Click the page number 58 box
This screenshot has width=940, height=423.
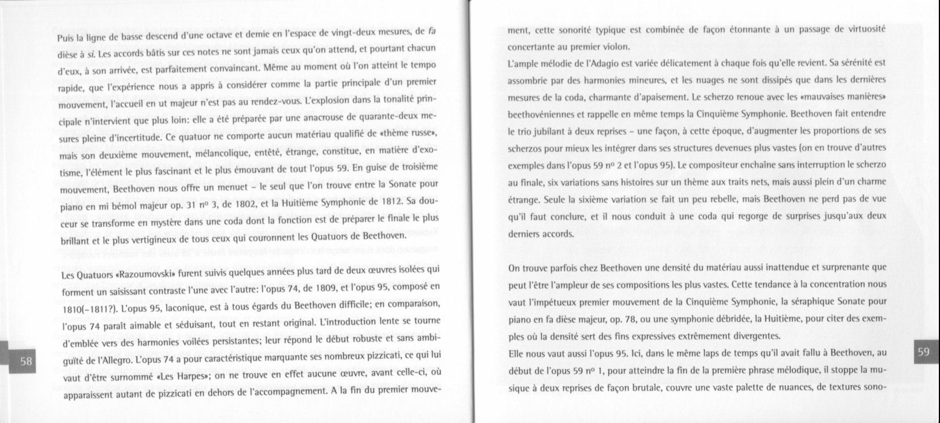(x=26, y=361)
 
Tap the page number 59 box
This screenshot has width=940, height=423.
(x=923, y=352)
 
